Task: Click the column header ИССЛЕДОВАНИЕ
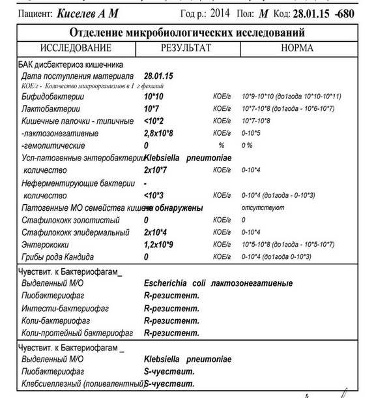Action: (76, 48)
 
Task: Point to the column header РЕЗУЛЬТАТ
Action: (186, 48)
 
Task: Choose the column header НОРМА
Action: (296, 48)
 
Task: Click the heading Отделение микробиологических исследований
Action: (188, 33)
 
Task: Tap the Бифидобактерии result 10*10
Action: (154, 97)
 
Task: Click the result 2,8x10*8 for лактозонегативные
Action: (159, 133)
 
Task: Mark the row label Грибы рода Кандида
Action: (58, 256)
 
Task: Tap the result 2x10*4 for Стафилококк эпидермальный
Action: (156, 232)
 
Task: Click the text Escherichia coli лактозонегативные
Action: (218, 284)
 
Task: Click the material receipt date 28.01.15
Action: (158, 76)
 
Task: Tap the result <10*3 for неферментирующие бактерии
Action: (154, 195)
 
